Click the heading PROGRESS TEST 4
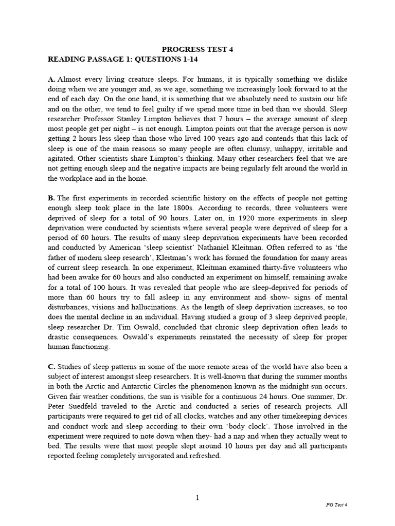[197, 49]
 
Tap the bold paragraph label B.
[51, 198]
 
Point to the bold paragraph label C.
[51, 366]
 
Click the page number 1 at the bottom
[197, 497]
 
